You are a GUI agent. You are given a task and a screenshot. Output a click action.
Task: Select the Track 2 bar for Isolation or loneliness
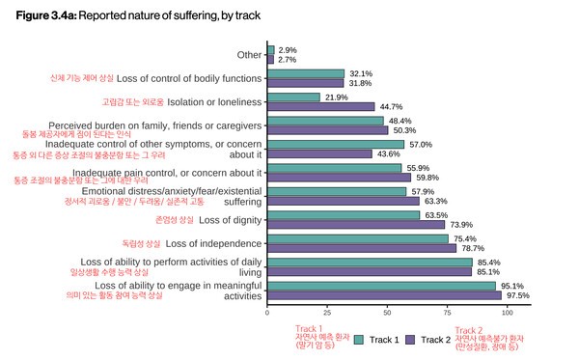(326, 107)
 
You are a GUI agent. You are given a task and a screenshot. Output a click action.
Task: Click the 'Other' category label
(249, 55)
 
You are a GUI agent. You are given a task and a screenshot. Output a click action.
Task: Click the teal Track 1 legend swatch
(358, 339)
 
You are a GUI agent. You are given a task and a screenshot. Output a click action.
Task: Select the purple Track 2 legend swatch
(410, 339)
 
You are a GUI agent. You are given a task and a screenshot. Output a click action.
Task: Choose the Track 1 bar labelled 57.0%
(335, 144)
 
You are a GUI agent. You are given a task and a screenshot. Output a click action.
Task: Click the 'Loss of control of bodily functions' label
(190, 77)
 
